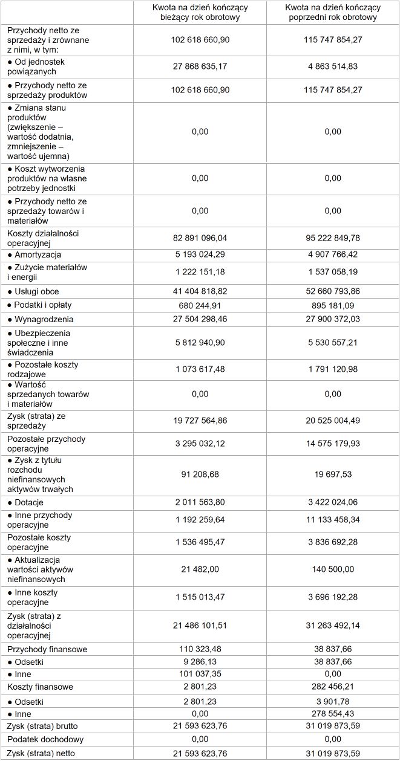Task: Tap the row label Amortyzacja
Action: [x=38, y=255]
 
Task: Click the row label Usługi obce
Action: [x=37, y=291]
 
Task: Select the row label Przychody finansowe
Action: [x=47, y=649]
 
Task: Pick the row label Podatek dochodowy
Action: [x=45, y=739]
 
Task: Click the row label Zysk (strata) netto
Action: [x=41, y=753]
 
